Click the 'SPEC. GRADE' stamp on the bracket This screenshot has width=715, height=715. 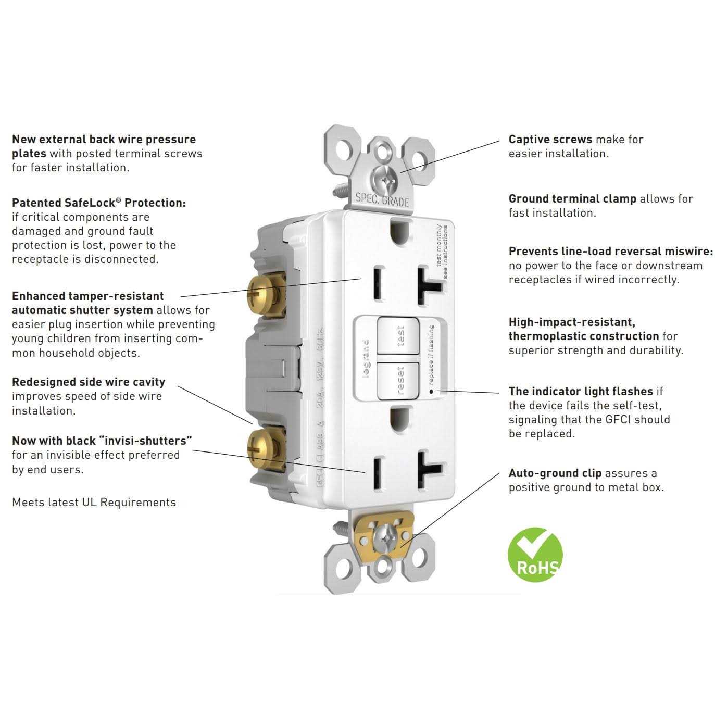tap(382, 200)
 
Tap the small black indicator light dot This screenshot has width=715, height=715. tap(431, 390)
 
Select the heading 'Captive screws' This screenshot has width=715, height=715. tap(550, 140)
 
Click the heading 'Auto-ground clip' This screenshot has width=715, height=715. tap(555, 473)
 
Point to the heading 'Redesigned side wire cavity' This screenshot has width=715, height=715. tap(89, 382)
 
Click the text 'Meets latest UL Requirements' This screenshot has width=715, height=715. tap(94, 503)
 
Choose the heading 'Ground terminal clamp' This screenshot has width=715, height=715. tap(572, 199)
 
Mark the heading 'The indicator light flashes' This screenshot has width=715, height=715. tap(581, 392)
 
